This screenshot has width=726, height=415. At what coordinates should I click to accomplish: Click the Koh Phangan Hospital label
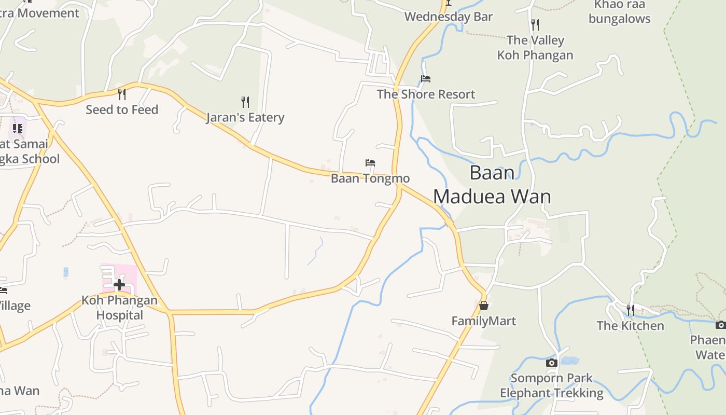coord(119,308)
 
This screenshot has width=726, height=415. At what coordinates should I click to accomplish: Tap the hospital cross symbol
coord(119,284)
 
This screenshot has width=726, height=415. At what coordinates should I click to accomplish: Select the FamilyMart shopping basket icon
coord(483,306)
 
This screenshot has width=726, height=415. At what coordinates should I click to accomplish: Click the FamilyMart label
coord(483,321)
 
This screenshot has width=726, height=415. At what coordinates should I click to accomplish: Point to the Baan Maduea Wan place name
coord(492,185)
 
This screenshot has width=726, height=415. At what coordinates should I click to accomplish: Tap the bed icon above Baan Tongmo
coord(370,163)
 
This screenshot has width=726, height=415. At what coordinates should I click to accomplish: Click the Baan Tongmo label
coord(370,178)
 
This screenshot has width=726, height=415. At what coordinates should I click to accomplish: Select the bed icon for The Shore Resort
coord(426,79)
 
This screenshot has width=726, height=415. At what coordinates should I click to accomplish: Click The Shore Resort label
coord(426,94)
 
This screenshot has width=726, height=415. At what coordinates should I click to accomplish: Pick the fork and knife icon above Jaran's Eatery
coord(245,102)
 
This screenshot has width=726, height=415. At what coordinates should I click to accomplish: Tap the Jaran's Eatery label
coord(245,118)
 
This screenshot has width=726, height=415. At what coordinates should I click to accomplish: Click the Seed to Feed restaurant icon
coord(122,94)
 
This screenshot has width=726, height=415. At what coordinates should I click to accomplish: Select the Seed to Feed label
coord(122,110)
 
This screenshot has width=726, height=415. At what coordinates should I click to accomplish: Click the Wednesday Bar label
coord(448,17)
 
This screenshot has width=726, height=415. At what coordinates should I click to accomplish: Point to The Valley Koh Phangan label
coord(535,47)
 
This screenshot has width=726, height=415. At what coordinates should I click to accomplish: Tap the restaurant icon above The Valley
coord(535,24)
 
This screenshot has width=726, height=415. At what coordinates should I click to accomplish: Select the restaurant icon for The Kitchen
coord(630,310)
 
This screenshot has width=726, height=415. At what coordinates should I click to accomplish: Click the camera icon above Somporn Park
coord(552,363)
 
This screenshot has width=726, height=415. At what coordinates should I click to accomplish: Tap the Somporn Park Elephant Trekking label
coord(552,385)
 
